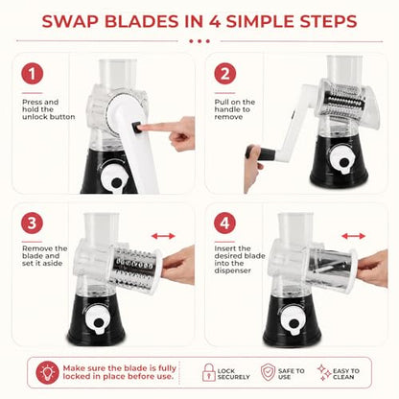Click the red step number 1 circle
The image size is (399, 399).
click(32, 74)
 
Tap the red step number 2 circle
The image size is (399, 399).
click(225, 74)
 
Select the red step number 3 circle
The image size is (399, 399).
click(32, 223)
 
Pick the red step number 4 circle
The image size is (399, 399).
click(225, 223)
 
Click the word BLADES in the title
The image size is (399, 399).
click(142, 21)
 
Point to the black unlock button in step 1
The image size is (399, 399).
click(135, 127)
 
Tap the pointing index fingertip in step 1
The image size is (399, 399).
click(141, 128)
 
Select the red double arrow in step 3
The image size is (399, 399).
click(163, 236)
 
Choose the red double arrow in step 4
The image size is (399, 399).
click(353, 236)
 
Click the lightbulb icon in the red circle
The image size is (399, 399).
click(47, 372)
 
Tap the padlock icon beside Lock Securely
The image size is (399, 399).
click(209, 372)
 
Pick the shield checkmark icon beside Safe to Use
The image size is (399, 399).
click(268, 372)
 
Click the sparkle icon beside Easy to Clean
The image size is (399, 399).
click(324, 372)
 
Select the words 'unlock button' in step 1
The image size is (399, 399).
click(49, 117)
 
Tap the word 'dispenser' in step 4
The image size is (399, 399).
click(233, 270)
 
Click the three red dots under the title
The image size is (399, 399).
click(199, 41)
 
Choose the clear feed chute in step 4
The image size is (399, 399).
click(295, 227)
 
